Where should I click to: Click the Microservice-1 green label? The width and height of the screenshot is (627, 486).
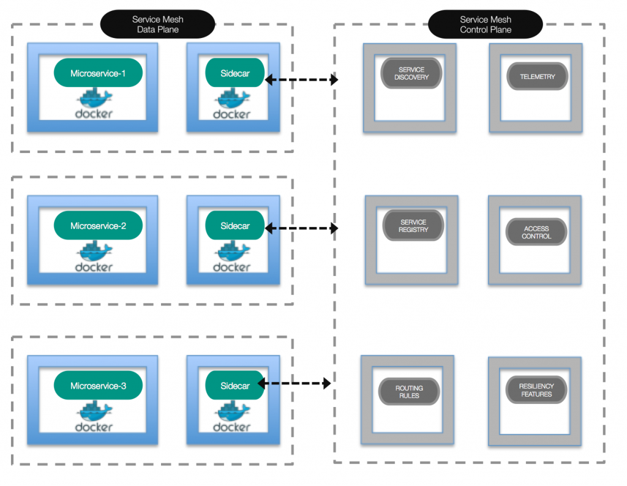coord(98,73)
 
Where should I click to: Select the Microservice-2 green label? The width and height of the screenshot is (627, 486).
coord(98,225)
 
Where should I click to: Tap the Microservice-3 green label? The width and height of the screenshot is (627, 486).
coord(98,385)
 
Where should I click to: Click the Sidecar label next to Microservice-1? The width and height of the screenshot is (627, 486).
coord(235,73)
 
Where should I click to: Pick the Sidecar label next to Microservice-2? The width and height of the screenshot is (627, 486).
coord(235,225)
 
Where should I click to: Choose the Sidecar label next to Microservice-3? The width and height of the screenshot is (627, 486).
coord(235,385)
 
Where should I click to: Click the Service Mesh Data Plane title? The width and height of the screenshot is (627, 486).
coord(157,24)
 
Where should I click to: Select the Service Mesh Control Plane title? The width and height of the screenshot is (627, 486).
coord(486,24)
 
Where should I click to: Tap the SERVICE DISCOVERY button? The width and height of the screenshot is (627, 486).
coord(411,73)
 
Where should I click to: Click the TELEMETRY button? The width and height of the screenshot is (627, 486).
coord(537,77)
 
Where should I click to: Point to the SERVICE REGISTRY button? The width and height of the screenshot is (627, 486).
coord(413,225)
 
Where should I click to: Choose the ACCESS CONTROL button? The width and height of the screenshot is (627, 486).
coord(536,232)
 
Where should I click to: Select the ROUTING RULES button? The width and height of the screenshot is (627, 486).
coord(409,392)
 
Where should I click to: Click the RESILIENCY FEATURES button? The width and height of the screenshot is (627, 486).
coord(536,390)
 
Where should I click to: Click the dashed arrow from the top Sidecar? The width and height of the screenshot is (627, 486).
coord(301,80)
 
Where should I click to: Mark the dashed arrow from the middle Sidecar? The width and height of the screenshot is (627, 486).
coord(301,228)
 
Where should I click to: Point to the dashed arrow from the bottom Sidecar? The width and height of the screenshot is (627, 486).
coord(295,383)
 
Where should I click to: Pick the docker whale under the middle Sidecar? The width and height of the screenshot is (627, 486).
coord(233,251)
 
